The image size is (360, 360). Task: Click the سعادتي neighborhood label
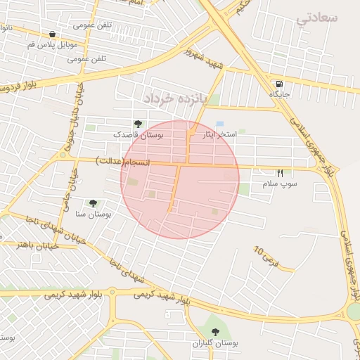[x=317, y=18]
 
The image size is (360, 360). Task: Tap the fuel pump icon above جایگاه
[x=281, y=82]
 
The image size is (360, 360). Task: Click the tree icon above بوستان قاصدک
[x=137, y=124]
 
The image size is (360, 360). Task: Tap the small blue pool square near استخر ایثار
[x=220, y=124]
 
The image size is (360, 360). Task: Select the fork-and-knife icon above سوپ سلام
[x=281, y=172]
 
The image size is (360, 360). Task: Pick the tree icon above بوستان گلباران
[x=215, y=332]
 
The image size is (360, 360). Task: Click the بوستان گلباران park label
[x=215, y=343]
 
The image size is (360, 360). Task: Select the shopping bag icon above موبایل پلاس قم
[x=53, y=34]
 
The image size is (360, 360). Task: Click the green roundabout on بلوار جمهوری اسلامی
[x=354, y=310]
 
